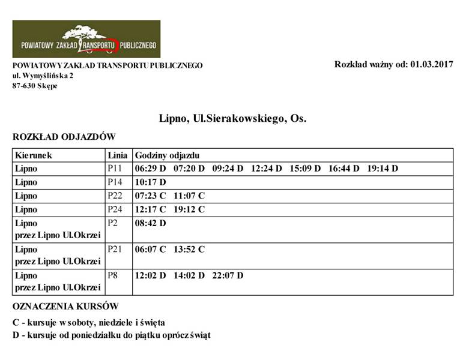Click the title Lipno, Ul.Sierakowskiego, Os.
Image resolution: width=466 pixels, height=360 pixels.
pos(232,118)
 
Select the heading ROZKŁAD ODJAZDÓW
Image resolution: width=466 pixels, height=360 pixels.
pos(64,137)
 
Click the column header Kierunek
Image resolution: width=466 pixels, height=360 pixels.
pos(34,155)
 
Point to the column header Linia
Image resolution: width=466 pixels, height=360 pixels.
pos(117,155)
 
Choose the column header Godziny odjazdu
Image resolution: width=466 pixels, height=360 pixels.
pos(166,155)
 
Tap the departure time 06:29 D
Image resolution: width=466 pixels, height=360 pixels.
pos(150,169)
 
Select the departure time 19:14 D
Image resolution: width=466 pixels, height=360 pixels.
pos(383,169)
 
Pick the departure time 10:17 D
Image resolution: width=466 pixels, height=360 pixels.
pos(150,182)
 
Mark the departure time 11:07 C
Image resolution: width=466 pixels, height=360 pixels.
pos(189,196)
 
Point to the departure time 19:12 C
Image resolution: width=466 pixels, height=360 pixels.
pos(189,209)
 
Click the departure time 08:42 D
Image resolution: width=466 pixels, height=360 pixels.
pos(150,223)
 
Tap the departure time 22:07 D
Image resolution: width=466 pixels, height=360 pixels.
pos(228,276)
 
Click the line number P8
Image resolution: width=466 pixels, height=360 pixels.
pos(113,276)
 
